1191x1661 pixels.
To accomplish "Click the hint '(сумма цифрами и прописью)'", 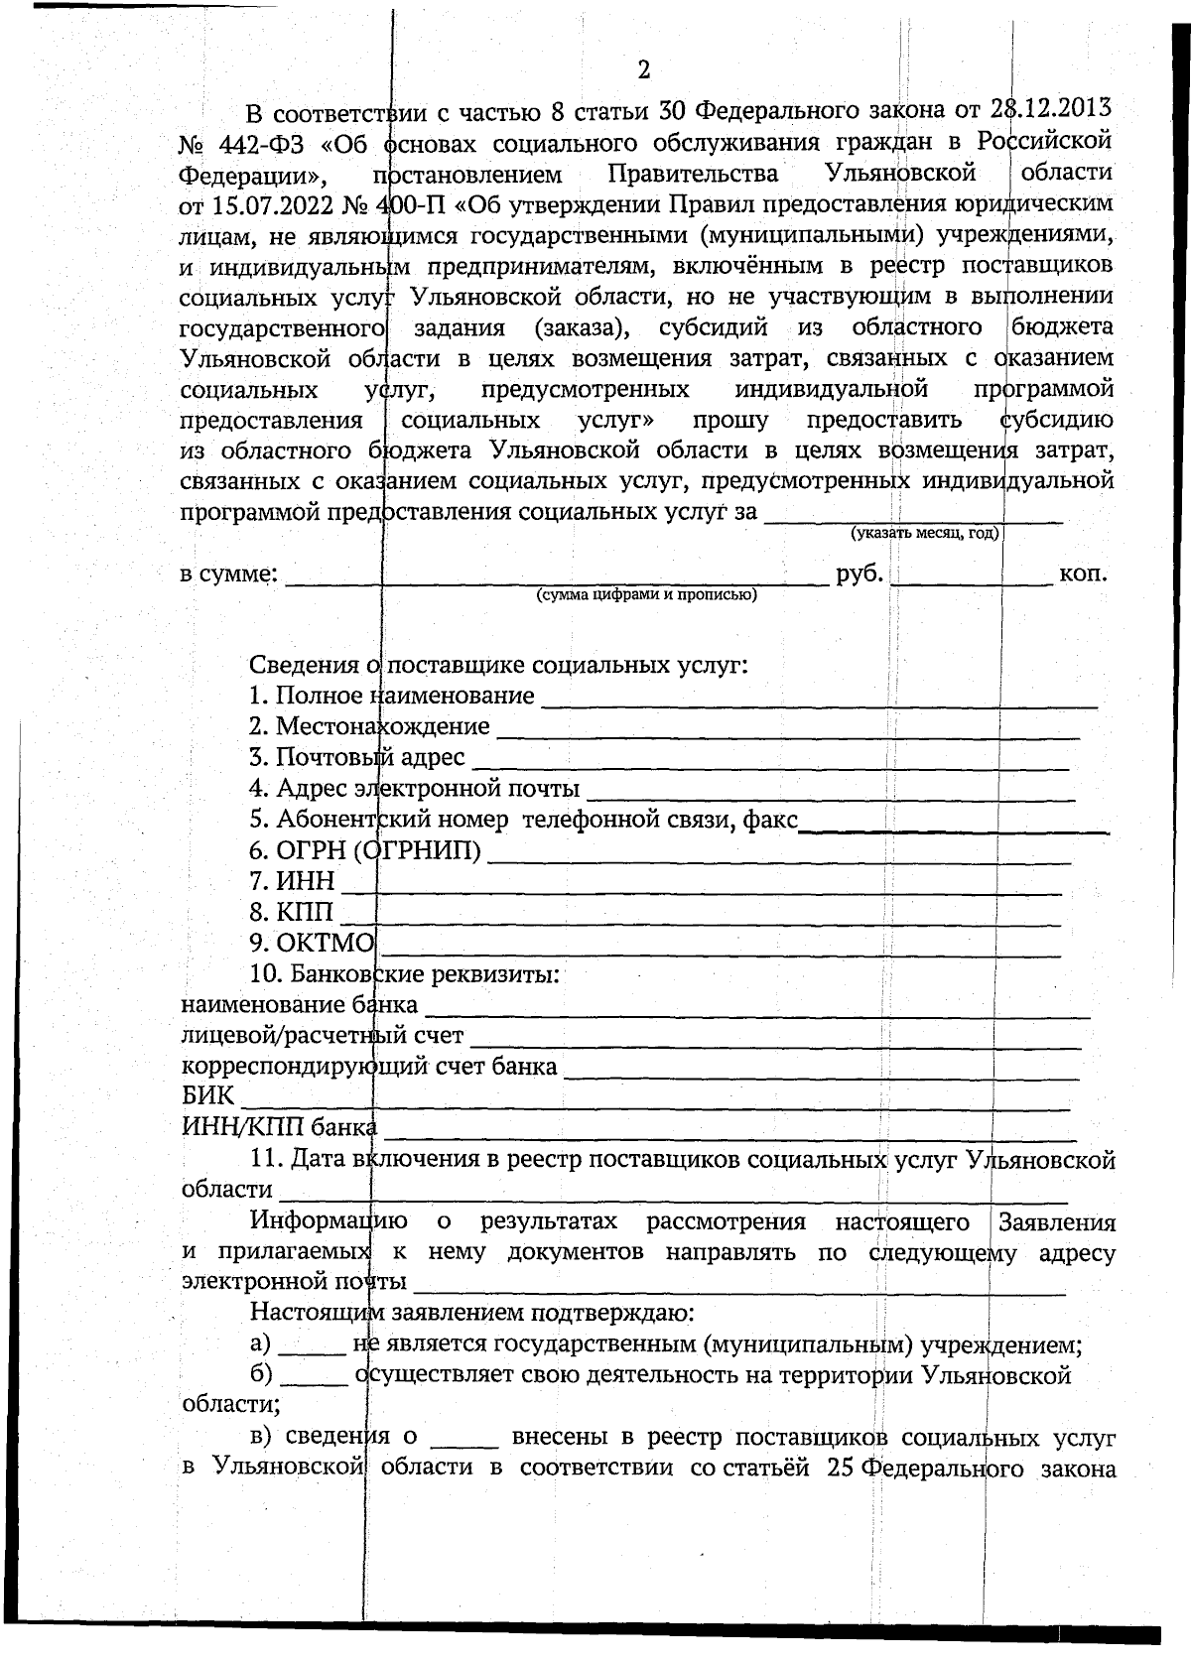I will click(646, 595).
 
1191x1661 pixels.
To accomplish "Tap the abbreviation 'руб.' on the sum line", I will click(860, 573).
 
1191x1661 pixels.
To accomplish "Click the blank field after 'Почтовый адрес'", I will click(769, 765).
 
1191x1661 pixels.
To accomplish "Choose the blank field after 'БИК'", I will click(655, 1104).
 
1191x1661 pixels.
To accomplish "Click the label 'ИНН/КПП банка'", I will click(279, 1127).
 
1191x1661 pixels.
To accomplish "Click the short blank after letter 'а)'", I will click(312, 1350).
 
